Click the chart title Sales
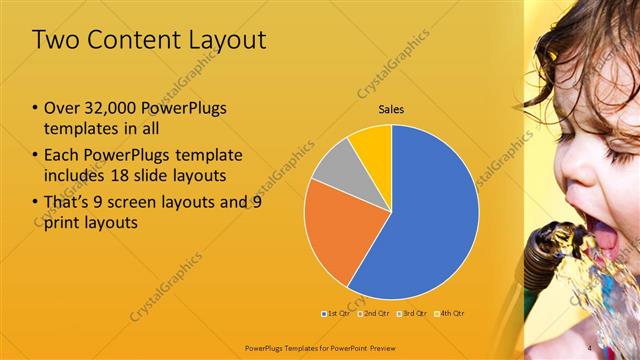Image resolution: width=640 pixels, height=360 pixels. coord(391,109)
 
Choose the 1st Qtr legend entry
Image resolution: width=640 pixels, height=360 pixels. coord(337,313)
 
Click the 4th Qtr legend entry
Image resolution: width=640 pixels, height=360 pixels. coord(452,313)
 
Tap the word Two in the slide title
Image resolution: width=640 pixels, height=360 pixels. coord(55,40)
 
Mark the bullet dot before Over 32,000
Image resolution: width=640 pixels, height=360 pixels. coord(36,108)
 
